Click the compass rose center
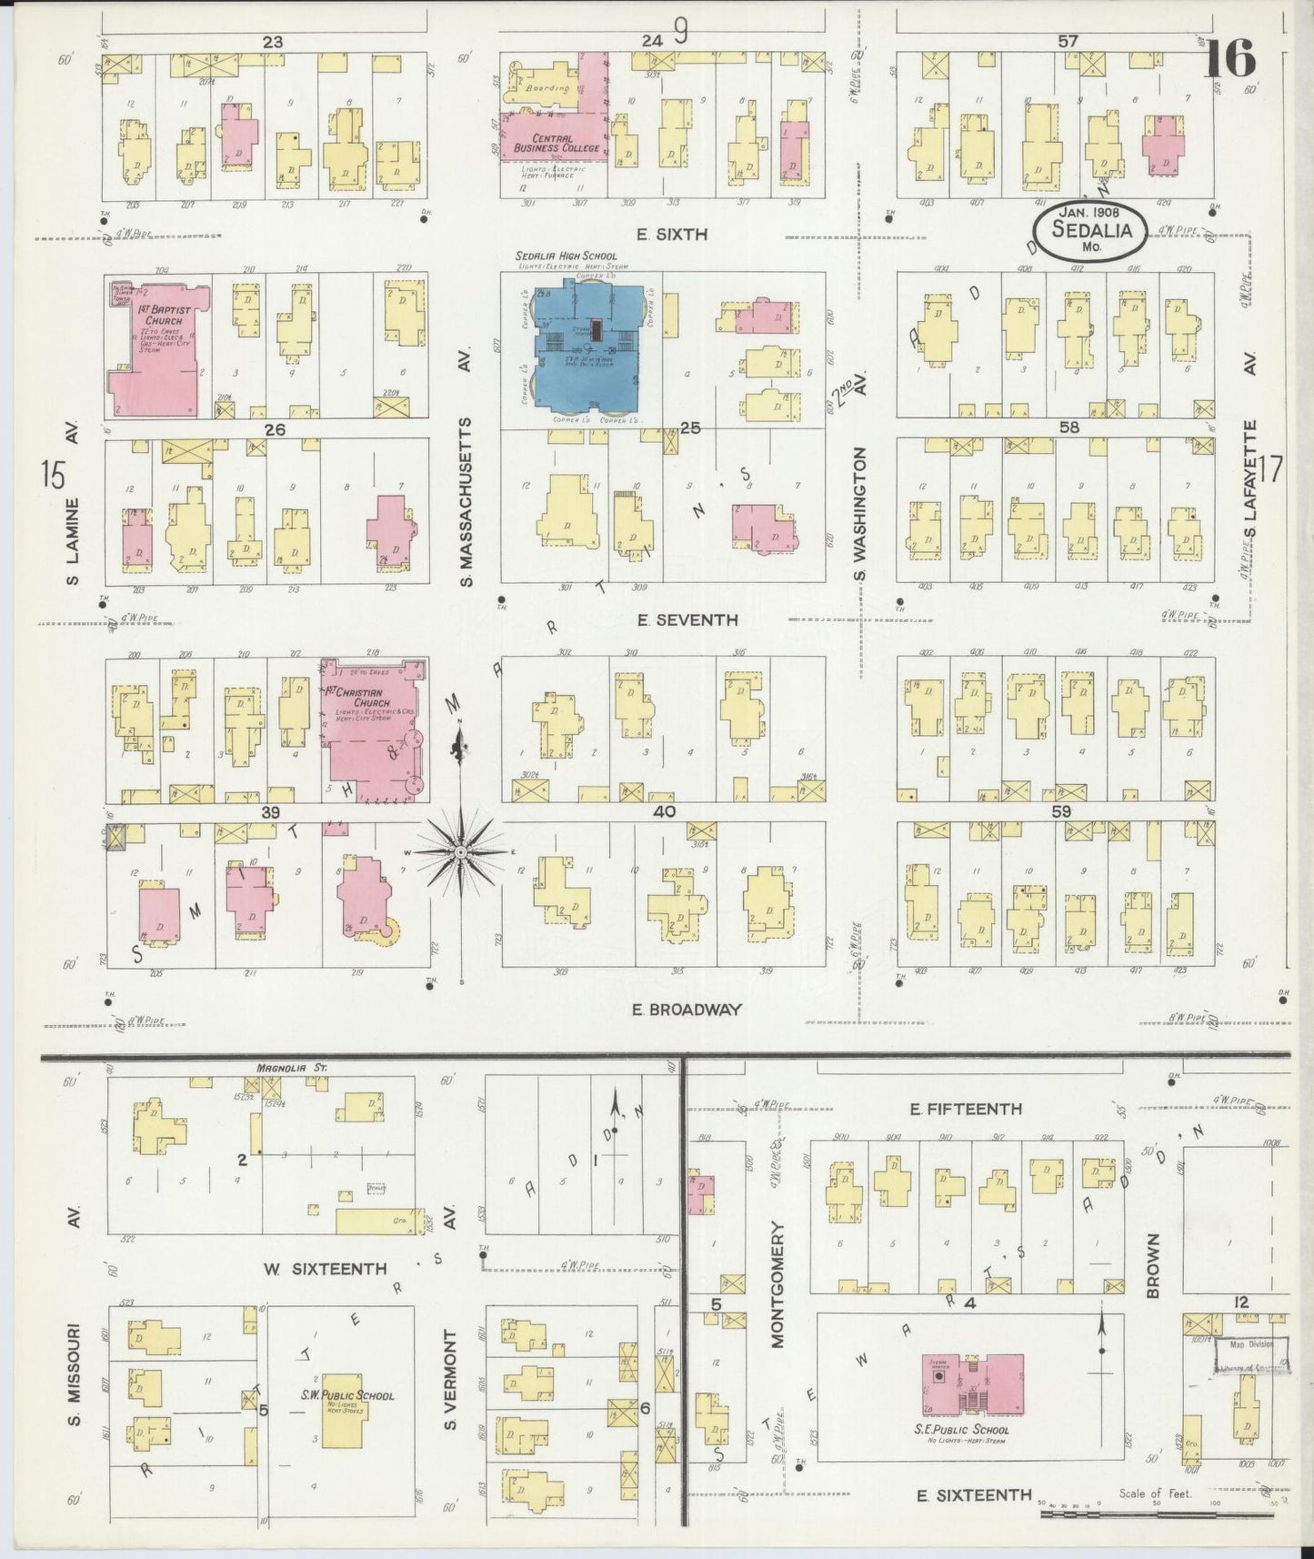461,851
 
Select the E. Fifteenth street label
966,1109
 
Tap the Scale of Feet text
1156,1494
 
